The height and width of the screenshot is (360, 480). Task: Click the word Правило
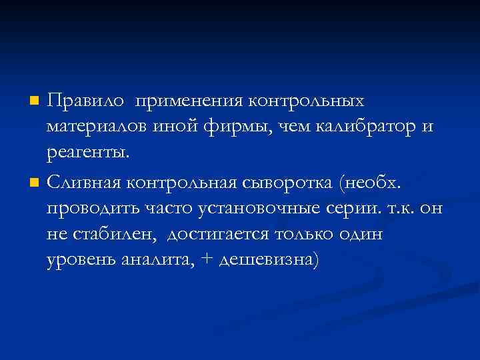click(x=87, y=101)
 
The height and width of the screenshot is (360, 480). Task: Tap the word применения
click(x=189, y=101)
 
